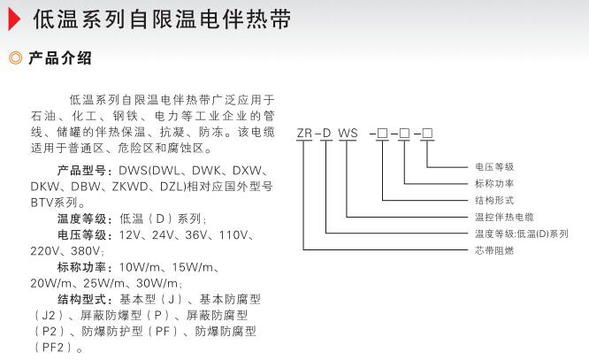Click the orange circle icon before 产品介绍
point(14,60)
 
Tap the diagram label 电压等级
point(493,167)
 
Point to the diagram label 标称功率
point(493,183)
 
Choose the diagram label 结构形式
point(493,200)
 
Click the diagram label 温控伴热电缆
point(503,217)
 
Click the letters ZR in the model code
point(305,134)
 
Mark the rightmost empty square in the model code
point(427,134)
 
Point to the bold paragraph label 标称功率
point(86,267)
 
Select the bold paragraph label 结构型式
point(86,300)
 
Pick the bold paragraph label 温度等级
point(86,218)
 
